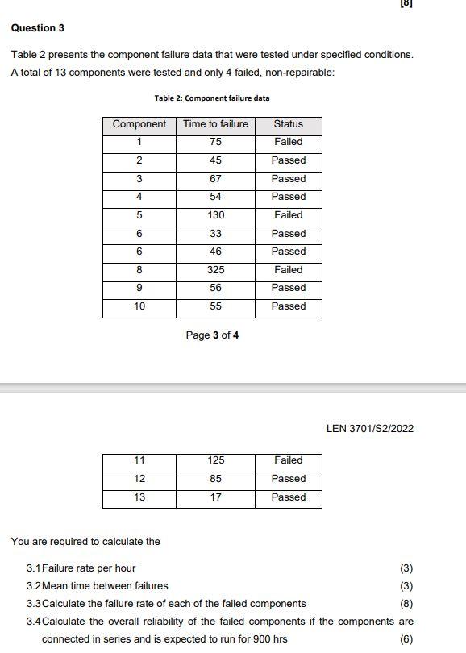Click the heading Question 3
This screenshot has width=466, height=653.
[x=38, y=28]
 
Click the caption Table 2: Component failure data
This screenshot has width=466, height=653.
[x=212, y=98]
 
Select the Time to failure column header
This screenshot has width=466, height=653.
[x=215, y=124]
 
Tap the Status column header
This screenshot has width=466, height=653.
[x=288, y=124]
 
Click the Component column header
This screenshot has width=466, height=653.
[x=139, y=124]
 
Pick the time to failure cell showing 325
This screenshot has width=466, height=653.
[x=215, y=270]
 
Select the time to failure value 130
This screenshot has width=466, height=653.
[x=215, y=215]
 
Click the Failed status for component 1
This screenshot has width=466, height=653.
[x=288, y=142]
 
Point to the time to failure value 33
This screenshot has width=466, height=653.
[x=215, y=234]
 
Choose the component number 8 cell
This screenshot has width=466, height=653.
[x=139, y=270]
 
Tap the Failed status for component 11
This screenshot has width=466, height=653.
[x=288, y=460]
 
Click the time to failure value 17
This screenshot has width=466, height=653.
[x=215, y=497]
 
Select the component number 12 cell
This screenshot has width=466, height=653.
[x=139, y=479]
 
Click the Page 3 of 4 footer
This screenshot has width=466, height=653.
[x=212, y=335]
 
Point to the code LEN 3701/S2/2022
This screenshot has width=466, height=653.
[x=370, y=429]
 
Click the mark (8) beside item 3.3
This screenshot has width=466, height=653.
[x=406, y=604]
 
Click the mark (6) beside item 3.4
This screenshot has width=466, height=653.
[x=406, y=639]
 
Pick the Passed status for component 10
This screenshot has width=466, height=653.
[x=288, y=306]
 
